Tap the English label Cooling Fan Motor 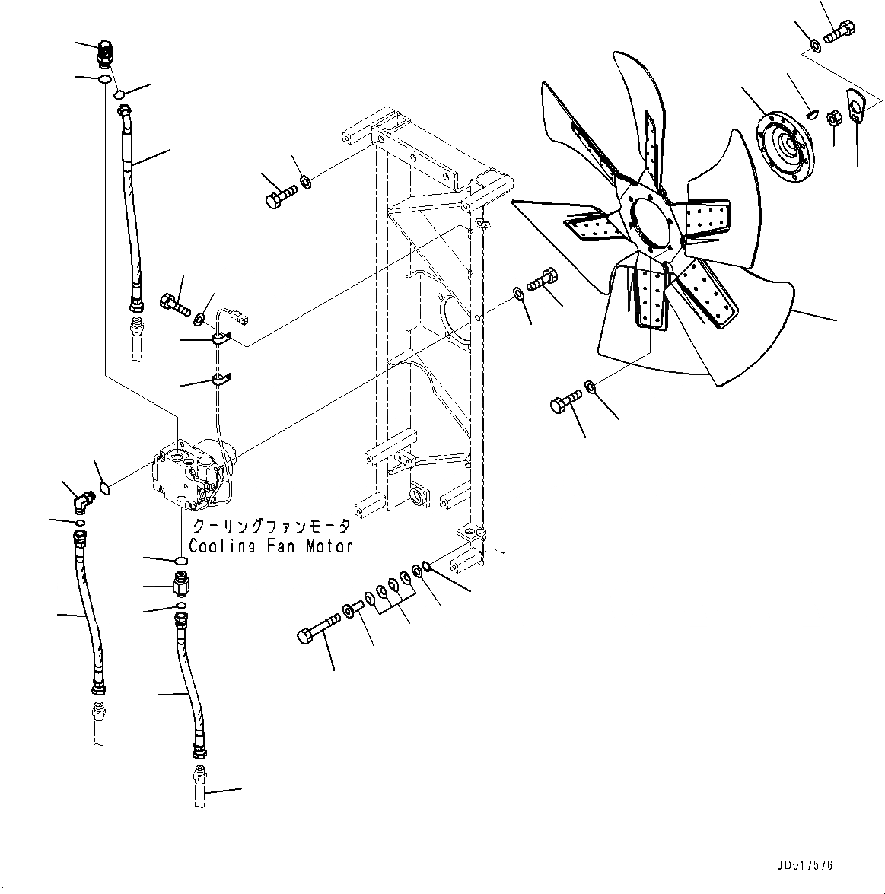271,546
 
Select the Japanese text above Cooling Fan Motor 272,527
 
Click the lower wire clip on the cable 221,380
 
